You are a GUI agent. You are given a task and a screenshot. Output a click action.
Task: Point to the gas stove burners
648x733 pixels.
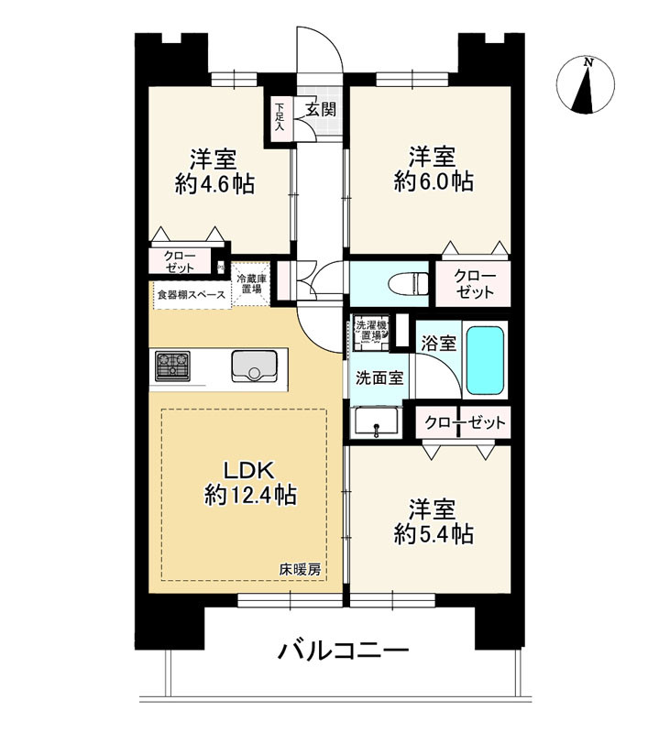tap(171, 366)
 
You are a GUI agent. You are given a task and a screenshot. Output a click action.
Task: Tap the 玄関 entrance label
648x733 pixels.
tap(320, 110)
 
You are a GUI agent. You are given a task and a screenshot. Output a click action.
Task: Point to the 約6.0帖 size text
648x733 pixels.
tap(434, 181)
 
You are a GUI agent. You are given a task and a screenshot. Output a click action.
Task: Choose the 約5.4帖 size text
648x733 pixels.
tap(434, 534)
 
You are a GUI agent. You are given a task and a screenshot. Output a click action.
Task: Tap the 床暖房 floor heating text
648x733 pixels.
tap(301, 570)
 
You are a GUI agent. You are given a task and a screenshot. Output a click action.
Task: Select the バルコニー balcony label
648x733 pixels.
tap(343, 652)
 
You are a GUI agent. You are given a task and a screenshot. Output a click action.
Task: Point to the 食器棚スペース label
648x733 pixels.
tap(191, 295)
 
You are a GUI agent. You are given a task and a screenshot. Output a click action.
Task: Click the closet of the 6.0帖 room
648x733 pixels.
tap(471, 283)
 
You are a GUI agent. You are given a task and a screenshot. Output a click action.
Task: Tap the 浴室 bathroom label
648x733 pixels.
tap(438, 345)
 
